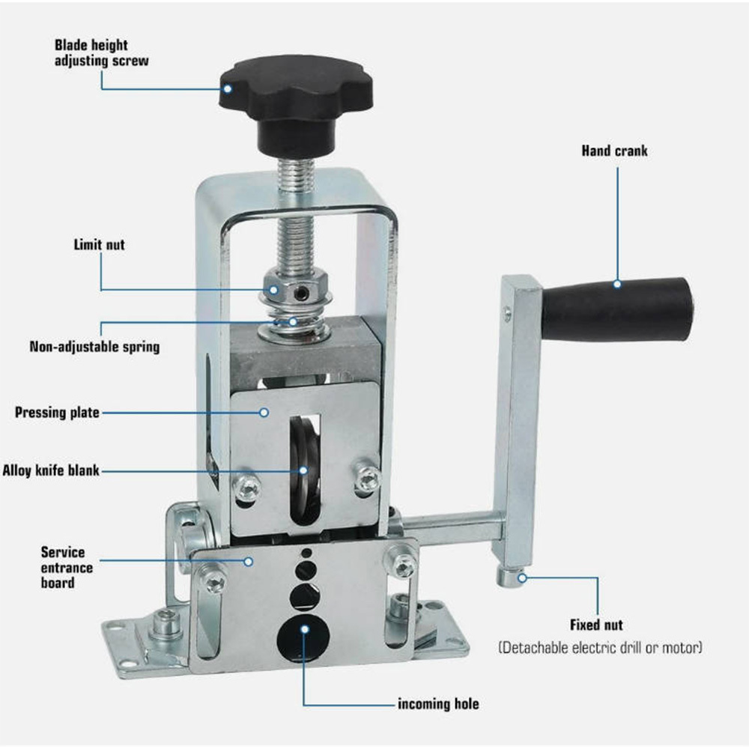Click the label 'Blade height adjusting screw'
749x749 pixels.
[x=101, y=53]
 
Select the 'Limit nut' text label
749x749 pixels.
[x=100, y=245]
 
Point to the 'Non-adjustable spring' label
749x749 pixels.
[x=94, y=346]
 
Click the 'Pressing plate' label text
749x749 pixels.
[x=58, y=412]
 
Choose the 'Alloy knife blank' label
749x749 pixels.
[x=51, y=470]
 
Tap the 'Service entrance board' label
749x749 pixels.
[x=67, y=568]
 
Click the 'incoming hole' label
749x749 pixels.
[x=438, y=704]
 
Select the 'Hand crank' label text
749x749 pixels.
[x=614, y=151]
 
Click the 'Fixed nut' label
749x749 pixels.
[x=596, y=625]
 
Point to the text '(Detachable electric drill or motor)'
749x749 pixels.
[x=601, y=648]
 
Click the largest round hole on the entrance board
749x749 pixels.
[x=304, y=639]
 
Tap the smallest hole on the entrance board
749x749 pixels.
[x=306, y=554]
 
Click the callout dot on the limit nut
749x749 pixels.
[x=273, y=289]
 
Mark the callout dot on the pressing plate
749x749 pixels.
[x=264, y=412]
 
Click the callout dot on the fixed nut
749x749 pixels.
[x=522, y=578]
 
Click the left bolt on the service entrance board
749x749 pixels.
[x=213, y=580]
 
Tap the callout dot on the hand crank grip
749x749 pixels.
[x=617, y=284]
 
